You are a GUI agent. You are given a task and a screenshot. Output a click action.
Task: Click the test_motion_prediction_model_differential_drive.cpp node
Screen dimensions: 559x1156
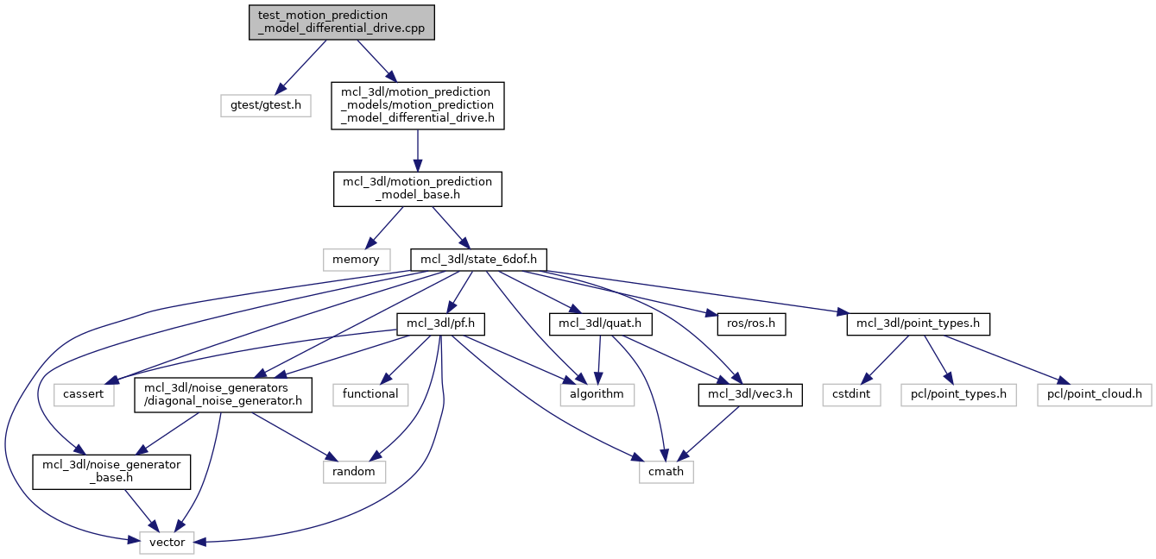341,22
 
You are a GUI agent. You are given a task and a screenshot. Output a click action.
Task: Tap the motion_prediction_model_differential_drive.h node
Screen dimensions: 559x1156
418,106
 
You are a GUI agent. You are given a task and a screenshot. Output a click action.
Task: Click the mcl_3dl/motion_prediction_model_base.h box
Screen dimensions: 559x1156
418,189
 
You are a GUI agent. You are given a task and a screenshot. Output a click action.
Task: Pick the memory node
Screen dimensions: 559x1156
356,259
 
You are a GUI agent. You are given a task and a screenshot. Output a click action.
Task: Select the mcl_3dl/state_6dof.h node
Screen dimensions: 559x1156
478,259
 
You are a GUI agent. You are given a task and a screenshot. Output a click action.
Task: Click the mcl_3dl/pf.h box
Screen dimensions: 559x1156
440,324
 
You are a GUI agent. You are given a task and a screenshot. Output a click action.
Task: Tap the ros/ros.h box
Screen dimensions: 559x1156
750,324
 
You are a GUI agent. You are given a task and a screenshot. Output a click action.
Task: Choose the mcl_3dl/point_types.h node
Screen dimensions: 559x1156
918,324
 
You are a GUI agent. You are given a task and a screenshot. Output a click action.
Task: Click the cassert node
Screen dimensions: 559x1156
83,394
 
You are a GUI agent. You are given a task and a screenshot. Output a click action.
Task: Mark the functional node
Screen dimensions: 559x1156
370,394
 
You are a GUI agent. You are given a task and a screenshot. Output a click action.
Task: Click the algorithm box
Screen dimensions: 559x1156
597,394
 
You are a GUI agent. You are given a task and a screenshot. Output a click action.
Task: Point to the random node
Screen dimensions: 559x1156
354,472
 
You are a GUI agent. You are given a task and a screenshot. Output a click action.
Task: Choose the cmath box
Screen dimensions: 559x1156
666,472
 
